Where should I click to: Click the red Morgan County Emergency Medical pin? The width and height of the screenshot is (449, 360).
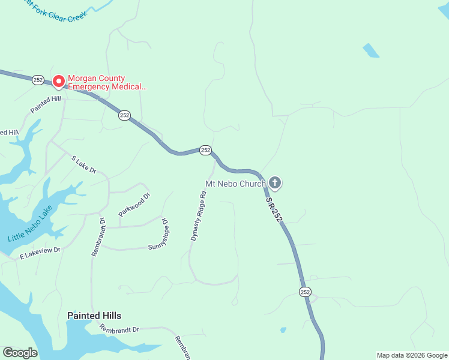[x=58, y=80]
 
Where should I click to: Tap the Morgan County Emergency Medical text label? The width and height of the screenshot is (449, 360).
[x=106, y=82]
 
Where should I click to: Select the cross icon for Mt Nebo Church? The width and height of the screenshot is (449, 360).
[x=275, y=182]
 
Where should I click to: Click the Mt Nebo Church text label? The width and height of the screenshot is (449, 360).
[x=235, y=184]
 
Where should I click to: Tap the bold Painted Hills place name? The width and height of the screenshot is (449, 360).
[x=94, y=316]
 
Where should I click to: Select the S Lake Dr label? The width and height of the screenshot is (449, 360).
[x=83, y=164]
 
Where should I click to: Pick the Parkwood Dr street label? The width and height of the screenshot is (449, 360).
[x=134, y=204]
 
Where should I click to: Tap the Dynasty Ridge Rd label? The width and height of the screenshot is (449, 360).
[x=198, y=216]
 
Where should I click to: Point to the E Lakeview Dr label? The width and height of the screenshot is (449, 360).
[x=40, y=253]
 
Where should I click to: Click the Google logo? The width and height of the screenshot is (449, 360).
[x=20, y=353]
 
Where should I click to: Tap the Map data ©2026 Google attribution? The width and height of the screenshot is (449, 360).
[x=411, y=355]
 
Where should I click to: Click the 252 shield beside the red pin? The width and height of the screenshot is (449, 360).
[x=38, y=79]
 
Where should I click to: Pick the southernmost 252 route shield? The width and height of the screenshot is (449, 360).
[x=305, y=292]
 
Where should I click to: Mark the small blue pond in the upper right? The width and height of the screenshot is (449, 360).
[x=370, y=50]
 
